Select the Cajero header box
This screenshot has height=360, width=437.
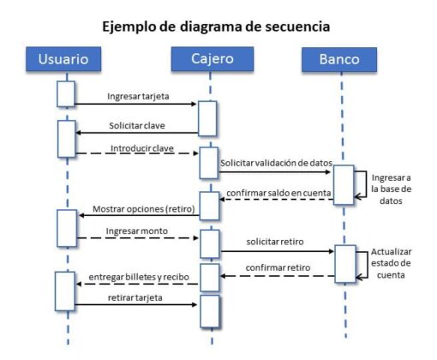(x=210, y=59)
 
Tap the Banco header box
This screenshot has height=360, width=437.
(x=339, y=59)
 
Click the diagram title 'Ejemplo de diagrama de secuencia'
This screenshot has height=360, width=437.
(x=216, y=27)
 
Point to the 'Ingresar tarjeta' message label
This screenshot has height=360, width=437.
(x=138, y=97)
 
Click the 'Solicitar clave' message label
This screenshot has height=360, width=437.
(x=137, y=125)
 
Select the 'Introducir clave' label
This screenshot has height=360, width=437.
(x=142, y=147)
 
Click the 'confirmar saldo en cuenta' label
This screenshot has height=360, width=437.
(x=278, y=195)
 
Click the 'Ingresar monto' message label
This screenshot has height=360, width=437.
(x=136, y=231)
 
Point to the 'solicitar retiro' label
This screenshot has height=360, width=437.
(x=275, y=243)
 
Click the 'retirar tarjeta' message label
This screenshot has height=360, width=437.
(x=136, y=297)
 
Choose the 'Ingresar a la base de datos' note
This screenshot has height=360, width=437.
(x=392, y=189)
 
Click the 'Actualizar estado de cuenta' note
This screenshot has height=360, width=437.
(x=392, y=263)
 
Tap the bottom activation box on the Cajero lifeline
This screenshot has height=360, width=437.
(x=210, y=311)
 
